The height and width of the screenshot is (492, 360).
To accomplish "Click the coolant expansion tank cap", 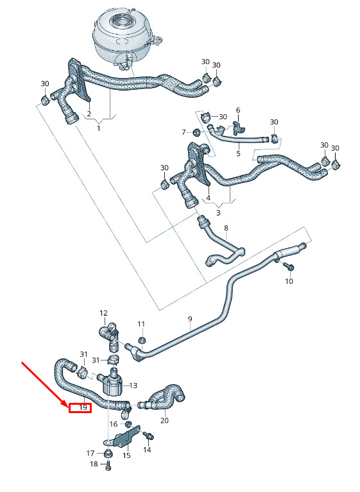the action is pos(121,22).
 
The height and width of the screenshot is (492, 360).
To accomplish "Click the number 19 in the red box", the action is pos(83,407).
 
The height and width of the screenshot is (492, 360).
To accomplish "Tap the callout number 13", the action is pos(133,385).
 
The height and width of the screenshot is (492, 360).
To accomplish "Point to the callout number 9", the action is pos(190,319).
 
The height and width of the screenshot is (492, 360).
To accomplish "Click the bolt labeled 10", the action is pos(288,266).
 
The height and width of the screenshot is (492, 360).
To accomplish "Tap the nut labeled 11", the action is pos(142,340).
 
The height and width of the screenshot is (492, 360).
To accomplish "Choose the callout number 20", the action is pos(164,420).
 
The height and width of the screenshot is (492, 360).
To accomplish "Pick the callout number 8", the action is pos(227,228).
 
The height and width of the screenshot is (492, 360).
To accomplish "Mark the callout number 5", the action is pos(238,153).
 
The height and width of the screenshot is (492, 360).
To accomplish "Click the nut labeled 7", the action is pos(196,131).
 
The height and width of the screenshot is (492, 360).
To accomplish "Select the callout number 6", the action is pos(238,110).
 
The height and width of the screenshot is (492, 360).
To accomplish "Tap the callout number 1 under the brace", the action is pos(99,128).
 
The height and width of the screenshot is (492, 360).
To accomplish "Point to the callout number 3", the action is pos(218,213).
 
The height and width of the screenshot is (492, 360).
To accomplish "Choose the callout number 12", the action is pos(103,313).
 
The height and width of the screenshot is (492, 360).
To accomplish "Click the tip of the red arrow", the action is pos(67,405).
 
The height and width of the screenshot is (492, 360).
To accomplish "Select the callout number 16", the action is pos(114,424).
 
